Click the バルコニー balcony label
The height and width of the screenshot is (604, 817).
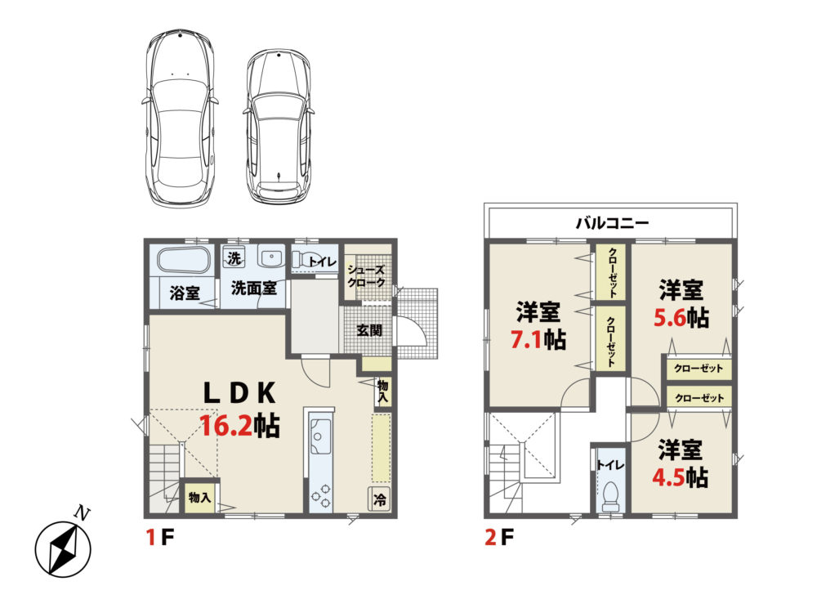612,224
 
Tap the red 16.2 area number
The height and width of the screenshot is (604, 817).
227,427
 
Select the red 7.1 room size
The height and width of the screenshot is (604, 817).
527,340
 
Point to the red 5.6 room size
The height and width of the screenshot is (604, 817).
670,317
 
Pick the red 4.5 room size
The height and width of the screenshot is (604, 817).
668,476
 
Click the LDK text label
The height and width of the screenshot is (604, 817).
239,393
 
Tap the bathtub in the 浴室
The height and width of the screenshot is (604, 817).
184,260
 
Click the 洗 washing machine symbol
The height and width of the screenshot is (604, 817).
234,257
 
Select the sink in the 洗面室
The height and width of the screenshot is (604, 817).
271,257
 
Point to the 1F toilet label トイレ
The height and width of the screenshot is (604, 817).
322,261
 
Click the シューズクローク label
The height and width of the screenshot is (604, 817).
366,276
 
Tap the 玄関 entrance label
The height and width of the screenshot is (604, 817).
369,330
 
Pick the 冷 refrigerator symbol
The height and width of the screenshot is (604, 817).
380,499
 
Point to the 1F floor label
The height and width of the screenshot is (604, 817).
160,537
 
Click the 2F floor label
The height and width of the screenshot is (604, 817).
499,537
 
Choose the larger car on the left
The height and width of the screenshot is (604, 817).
179,118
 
